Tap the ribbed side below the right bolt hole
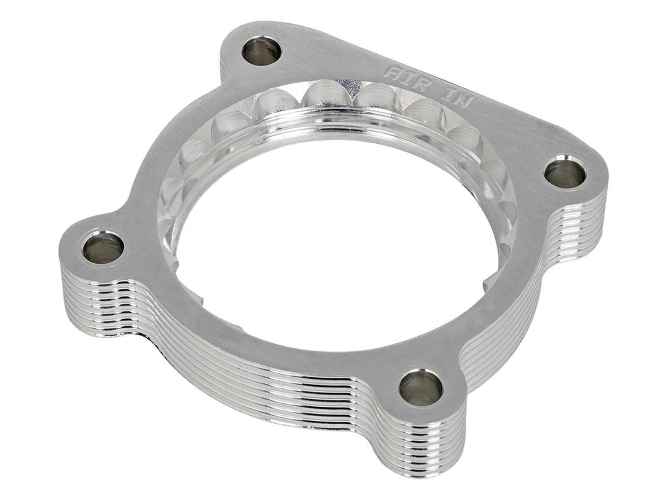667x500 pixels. click(584, 225)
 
